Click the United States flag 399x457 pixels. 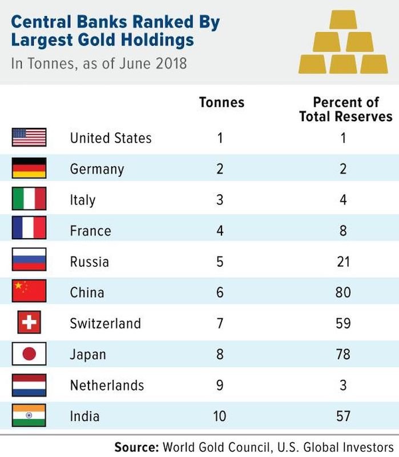(x=29, y=137)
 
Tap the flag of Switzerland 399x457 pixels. (x=29, y=322)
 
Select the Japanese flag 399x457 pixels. (x=29, y=354)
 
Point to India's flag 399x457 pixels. (x=29, y=415)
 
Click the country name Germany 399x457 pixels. (x=97, y=169)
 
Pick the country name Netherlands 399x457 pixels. (x=107, y=385)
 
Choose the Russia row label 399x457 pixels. (x=90, y=262)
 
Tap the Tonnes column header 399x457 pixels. (x=221, y=102)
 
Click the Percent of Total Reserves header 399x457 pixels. (x=346, y=109)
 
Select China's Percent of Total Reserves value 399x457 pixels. (x=343, y=292)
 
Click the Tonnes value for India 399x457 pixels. (x=220, y=416)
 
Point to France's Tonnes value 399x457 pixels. (x=220, y=231)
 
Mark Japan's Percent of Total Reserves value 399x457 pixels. (x=343, y=354)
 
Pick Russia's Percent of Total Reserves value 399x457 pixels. (x=344, y=262)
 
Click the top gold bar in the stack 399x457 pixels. (x=343, y=19)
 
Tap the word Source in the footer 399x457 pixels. (x=136, y=447)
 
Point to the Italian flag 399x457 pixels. (x=29, y=198)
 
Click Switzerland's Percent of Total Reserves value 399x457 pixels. (x=343, y=323)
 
